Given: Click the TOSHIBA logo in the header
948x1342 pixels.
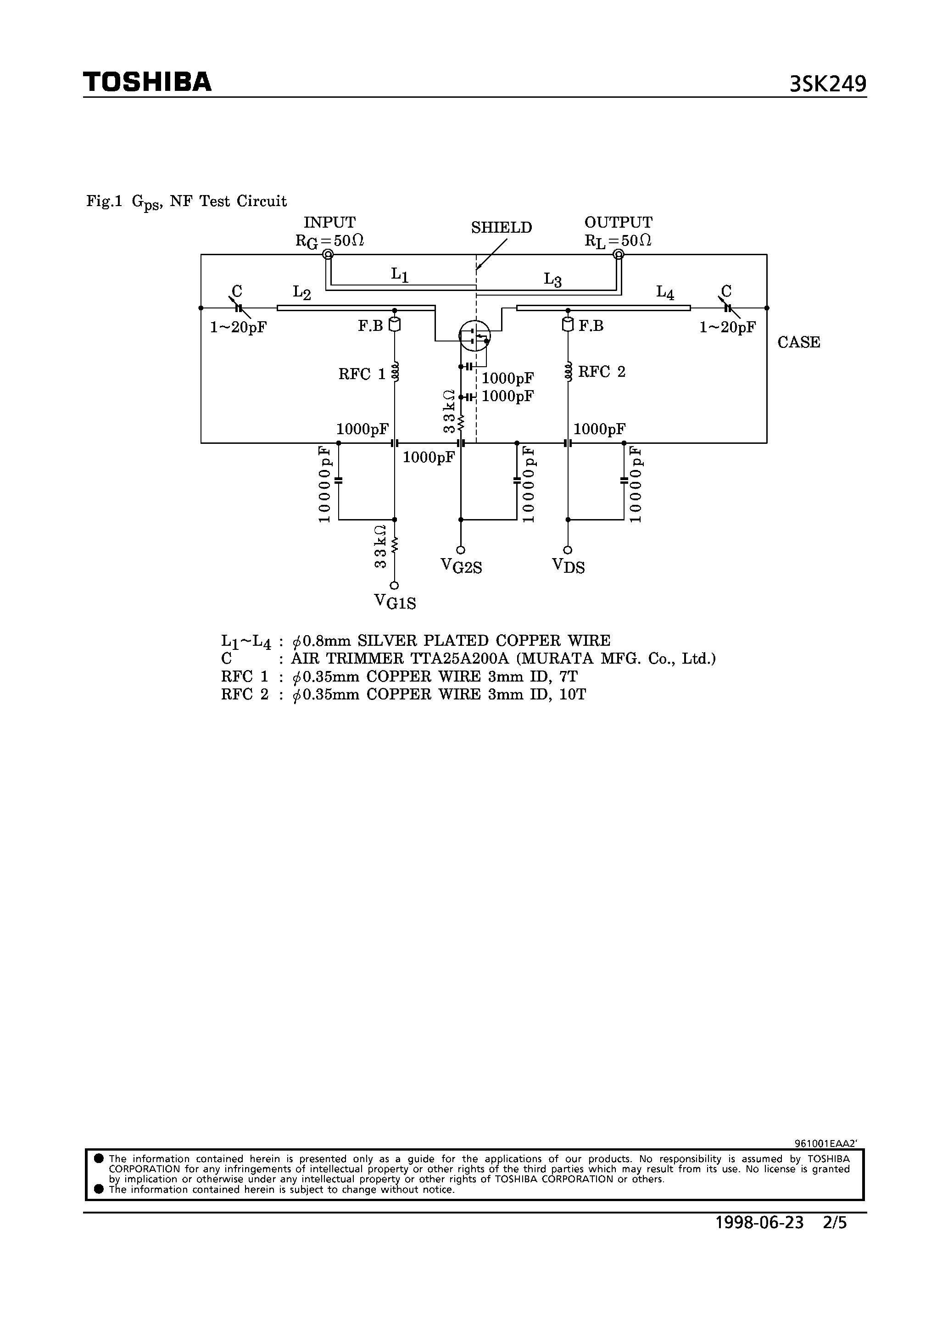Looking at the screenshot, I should click(x=147, y=83).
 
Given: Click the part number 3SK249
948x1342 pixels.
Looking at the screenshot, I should click(x=828, y=85).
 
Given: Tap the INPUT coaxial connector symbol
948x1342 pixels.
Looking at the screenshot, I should click(x=328, y=254).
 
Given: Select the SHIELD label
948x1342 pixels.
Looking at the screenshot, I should click(x=502, y=228).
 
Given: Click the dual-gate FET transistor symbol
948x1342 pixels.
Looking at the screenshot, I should click(x=474, y=335).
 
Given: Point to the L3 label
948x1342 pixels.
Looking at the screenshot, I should click(x=552, y=280).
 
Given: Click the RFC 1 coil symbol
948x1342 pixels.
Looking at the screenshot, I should click(x=395, y=372).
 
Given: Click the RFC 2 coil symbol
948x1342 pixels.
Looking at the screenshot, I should click(x=568, y=372).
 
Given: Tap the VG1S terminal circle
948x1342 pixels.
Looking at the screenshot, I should click(x=395, y=585).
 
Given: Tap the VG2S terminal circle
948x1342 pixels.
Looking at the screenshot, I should click(x=461, y=550).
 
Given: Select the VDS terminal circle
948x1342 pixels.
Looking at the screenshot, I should click(x=568, y=550).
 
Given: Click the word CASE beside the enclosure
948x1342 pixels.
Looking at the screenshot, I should click(x=798, y=342).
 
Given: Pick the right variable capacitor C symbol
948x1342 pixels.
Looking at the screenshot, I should click(x=727, y=308).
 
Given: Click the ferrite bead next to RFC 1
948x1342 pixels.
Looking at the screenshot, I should click(x=395, y=325).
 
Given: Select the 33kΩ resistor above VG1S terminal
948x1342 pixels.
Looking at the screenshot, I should click(x=395, y=545).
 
